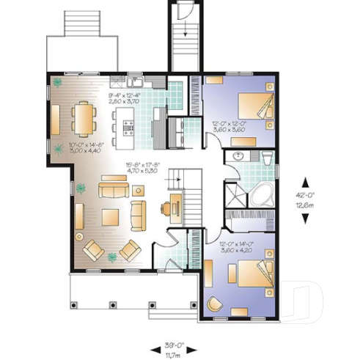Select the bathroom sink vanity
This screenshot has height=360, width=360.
(239, 157)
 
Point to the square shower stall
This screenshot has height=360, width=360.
(236, 192)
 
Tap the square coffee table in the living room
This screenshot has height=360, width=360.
(111, 218)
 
